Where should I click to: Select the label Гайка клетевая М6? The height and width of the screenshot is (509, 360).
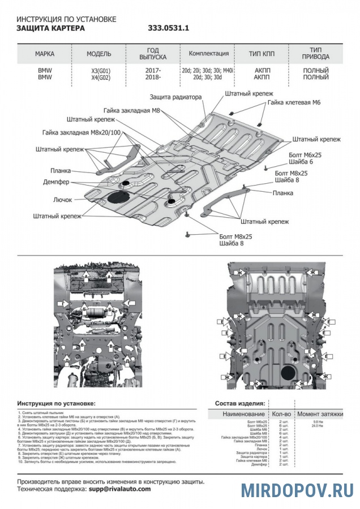[294, 103]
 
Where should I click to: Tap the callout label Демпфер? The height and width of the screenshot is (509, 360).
[56, 182]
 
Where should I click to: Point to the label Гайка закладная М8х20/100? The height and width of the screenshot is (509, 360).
[82, 132]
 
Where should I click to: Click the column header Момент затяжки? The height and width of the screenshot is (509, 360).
[320, 415]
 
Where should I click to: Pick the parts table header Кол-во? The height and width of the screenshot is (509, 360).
[281, 415]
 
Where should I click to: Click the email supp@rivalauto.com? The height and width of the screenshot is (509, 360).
[120, 489]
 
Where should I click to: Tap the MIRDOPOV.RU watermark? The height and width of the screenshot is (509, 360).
[297, 490]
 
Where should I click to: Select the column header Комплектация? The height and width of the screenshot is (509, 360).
[209, 54]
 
